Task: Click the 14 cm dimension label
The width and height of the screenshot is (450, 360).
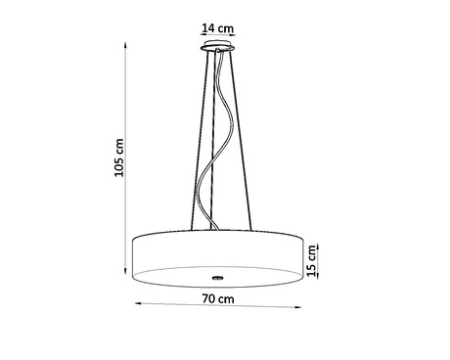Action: click(216, 26)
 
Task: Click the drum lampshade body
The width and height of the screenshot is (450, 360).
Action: click(216, 251)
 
